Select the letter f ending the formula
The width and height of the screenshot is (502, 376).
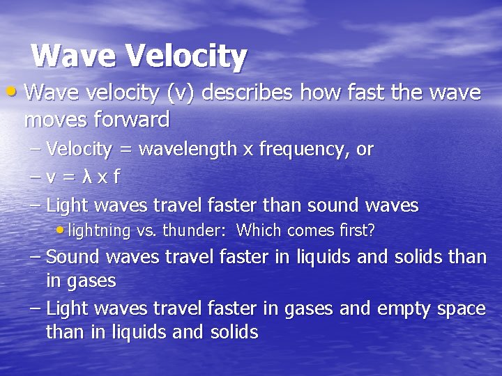pos(116,177)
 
